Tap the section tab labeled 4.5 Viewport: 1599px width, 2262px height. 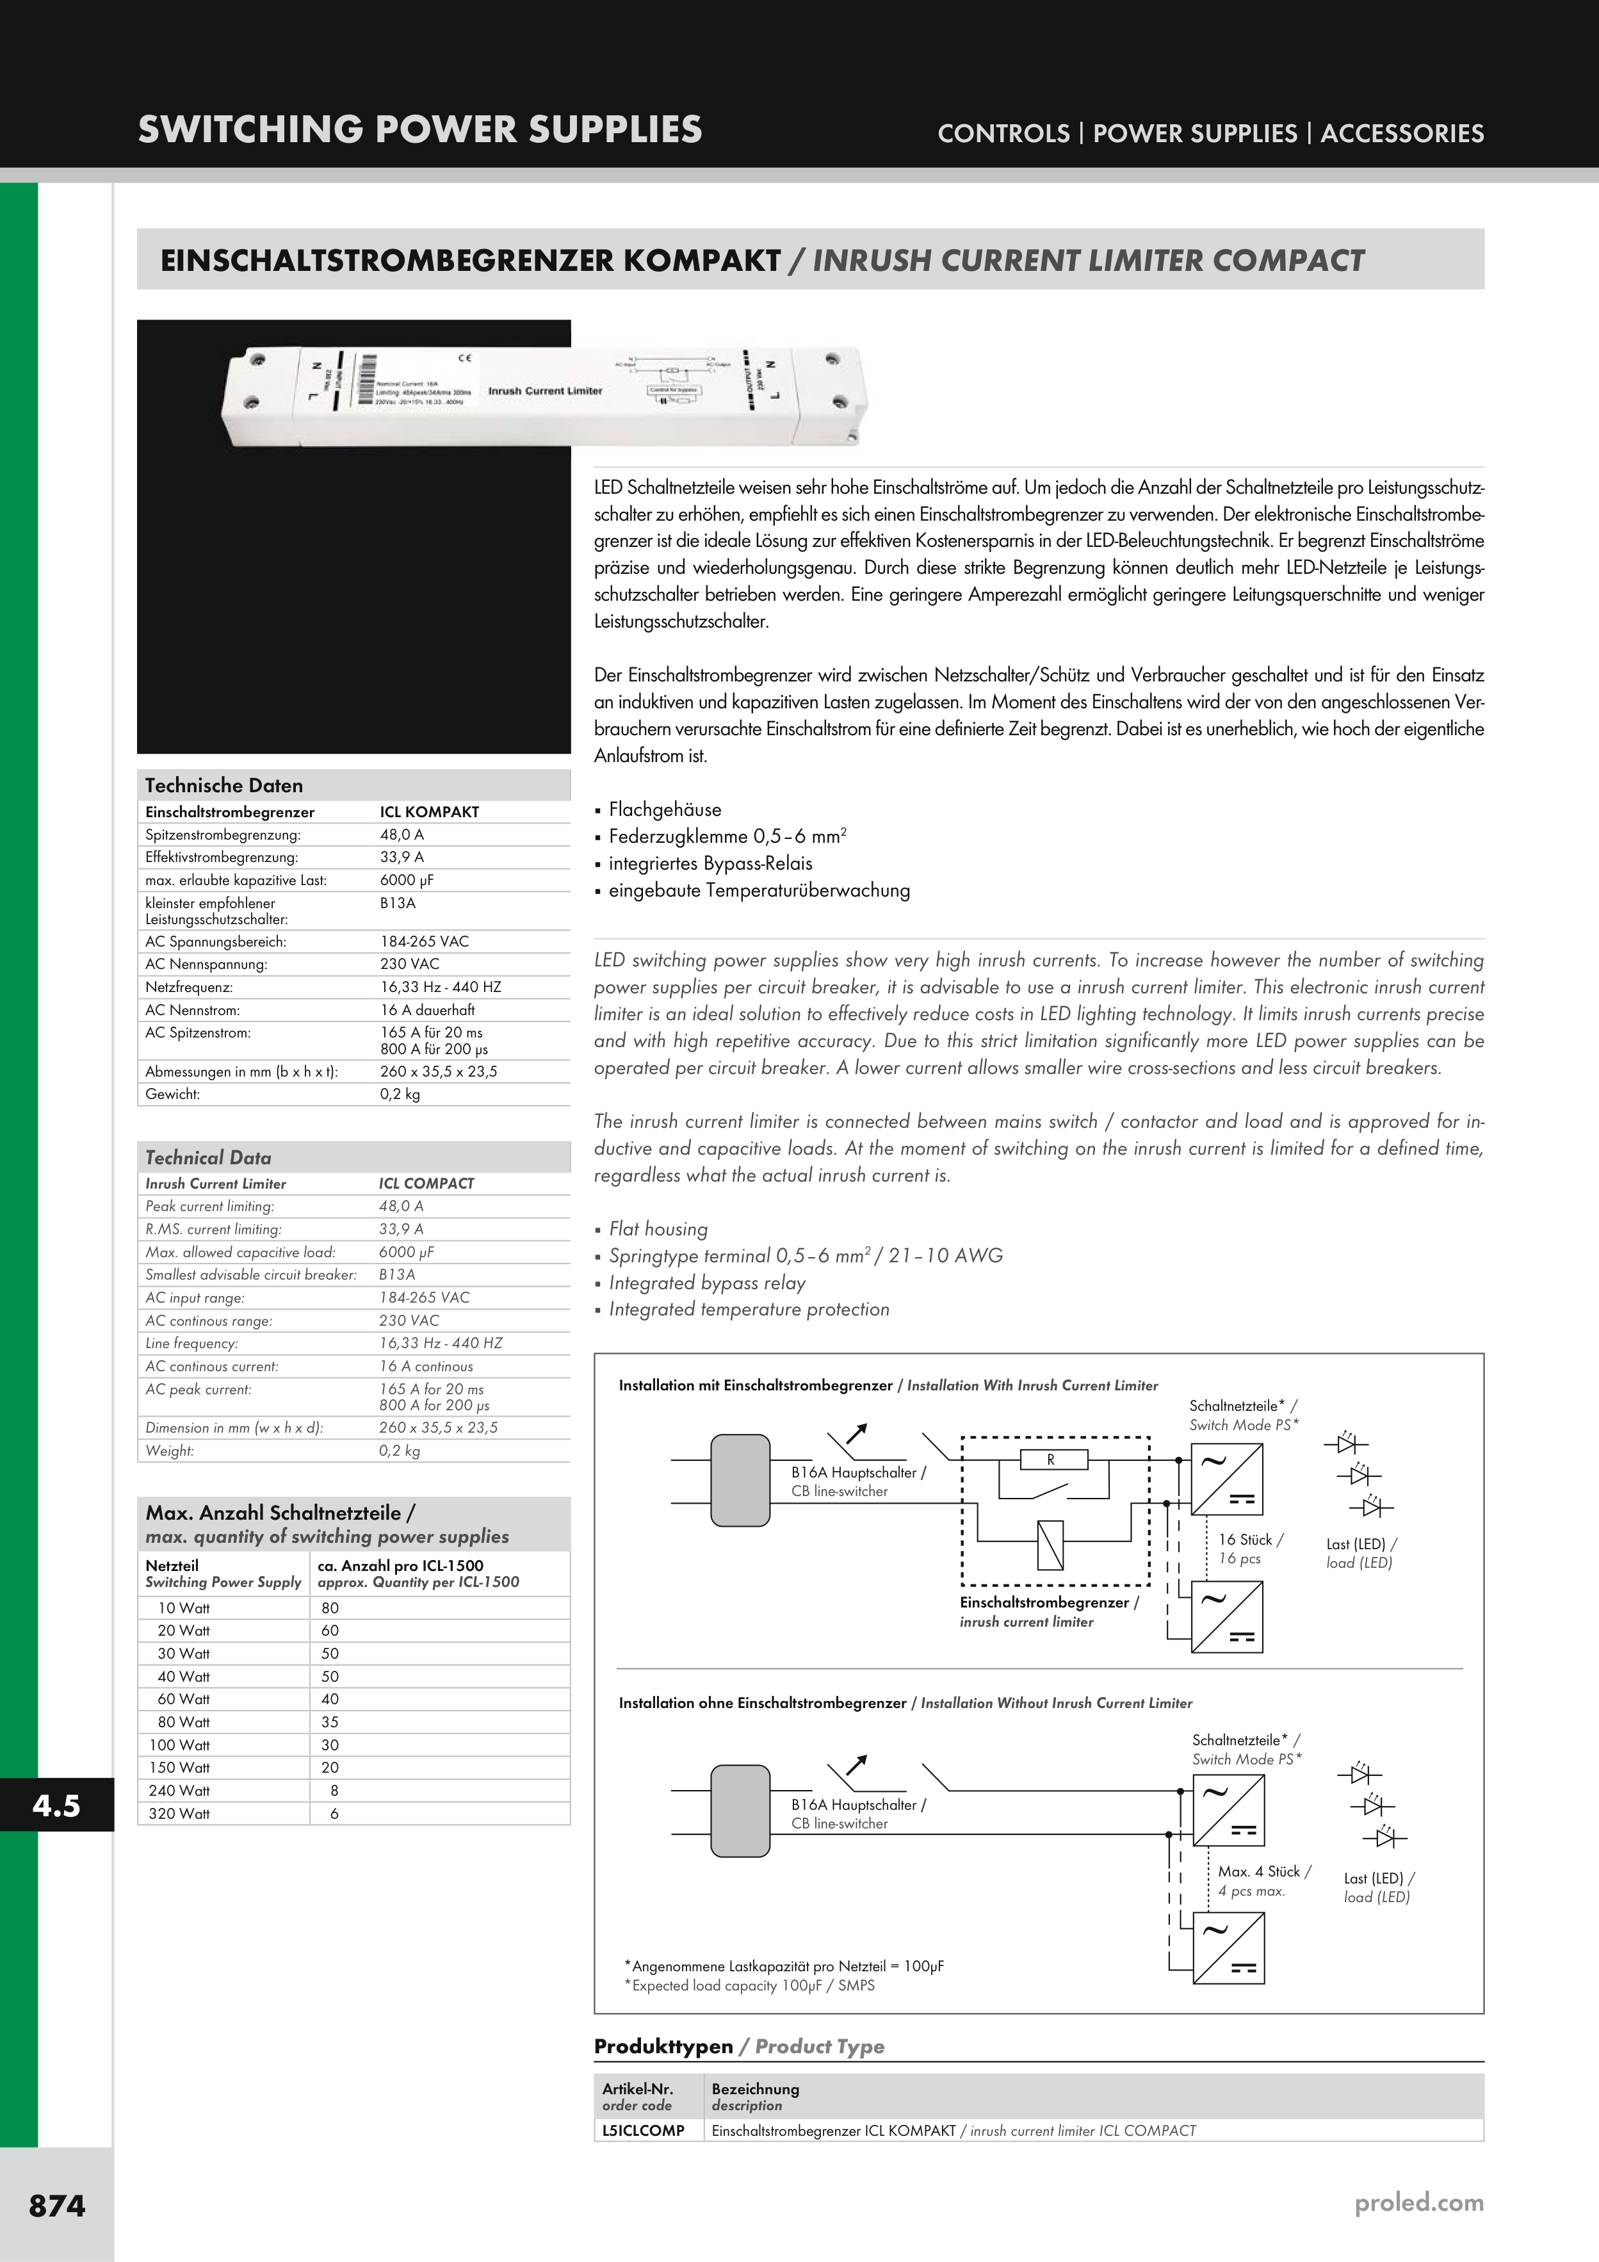(x=56, y=1805)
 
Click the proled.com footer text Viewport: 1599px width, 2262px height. (x=1418, y=2202)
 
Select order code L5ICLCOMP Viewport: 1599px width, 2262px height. (x=644, y=2130)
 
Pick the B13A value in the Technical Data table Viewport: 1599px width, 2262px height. (x=397, y=1274)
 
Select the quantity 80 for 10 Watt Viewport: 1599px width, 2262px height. (x=329, y=1608)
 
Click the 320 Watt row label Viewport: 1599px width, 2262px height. (x=179, y=1813)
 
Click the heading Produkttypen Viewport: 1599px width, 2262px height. (x=663, y=2046)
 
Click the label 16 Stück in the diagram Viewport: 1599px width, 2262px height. (x=1250, y=1540)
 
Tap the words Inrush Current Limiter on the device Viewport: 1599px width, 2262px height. (x=545, y=391)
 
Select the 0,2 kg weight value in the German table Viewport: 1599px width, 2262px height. (x=400, y=1094)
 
